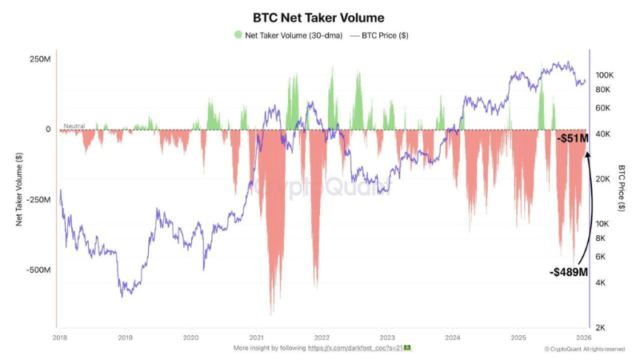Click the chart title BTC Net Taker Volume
click(x=318, y=17)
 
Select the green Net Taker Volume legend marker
click(x=238, y=35)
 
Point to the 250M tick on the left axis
click(x=41, y=59)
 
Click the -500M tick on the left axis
click(x=38, y=270)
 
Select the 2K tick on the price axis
click(x=601, y=328)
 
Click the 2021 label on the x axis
click(x=256, y=338)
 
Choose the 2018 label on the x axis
click(x=59, y=338)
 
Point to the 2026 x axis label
click(x=584, y=338)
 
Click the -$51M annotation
click(x=572, y=138)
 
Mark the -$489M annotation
click(x=568, y=273)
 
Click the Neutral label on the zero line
click(x=74, y=126)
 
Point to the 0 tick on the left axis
click(x=48, y=130)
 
